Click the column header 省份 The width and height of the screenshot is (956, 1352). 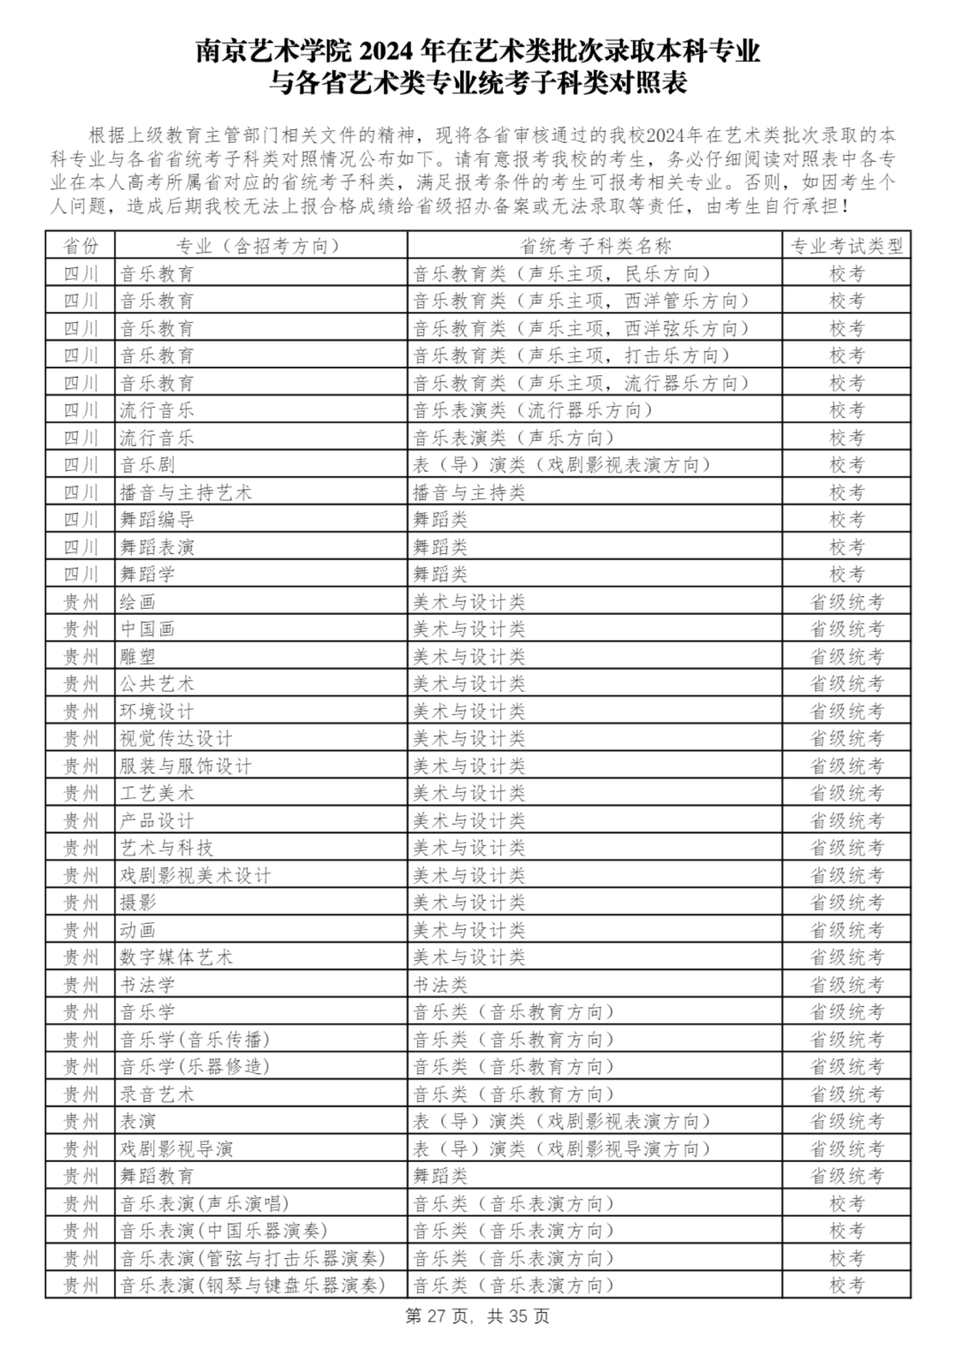(81, 246)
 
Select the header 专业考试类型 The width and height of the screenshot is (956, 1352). (846, 246)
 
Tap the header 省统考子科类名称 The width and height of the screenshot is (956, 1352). (595, 246)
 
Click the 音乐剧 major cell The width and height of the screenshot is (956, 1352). (148, 465)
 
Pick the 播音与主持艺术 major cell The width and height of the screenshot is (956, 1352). (186, 492)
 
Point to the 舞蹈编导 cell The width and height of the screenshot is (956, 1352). (158, 519)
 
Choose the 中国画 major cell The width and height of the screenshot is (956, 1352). (148, 629)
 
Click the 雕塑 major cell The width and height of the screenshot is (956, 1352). (138, 657)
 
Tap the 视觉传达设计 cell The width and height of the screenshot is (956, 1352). (176, 738)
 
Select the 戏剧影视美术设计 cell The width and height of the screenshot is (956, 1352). (196, 875)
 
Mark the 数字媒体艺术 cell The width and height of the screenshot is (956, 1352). (176, 957)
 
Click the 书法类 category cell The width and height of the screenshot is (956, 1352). (440, 985)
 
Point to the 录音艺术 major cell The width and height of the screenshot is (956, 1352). (158, 1094)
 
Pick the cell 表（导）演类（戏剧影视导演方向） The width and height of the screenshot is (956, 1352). (562, 1148)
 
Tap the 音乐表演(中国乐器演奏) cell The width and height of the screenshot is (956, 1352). (224, 1231)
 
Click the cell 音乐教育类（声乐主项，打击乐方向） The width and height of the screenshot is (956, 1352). (572, 356)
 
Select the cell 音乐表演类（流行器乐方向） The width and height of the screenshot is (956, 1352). (533, 411)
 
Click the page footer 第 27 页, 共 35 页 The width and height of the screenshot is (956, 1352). (477, 1317)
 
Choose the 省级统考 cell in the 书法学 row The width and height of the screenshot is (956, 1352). (846, 985)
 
